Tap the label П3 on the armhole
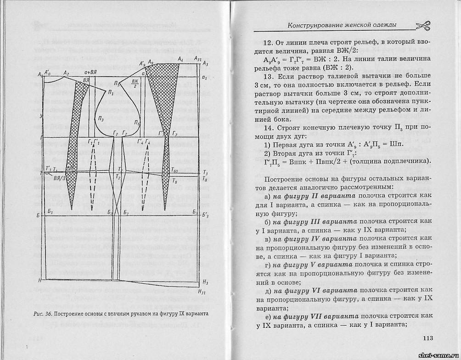click(x=101, y=119)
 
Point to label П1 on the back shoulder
click(x=110, y=92)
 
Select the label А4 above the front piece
click(x=180, y=59)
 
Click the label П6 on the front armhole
click(x=137, y=123)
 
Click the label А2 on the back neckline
click(x=66, y=73)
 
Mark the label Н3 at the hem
click(x=205, y=282)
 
